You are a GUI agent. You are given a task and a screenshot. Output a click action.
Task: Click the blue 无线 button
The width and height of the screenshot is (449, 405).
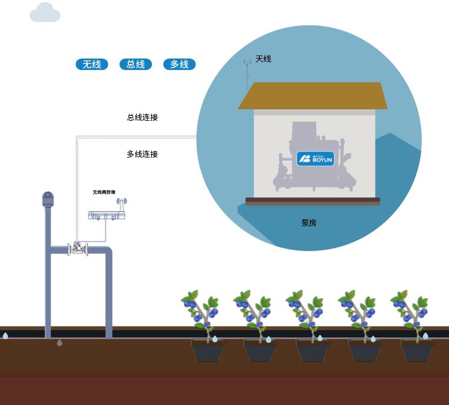tap(92, 64)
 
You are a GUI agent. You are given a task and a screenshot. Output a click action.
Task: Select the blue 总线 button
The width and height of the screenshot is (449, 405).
tap(136, 64)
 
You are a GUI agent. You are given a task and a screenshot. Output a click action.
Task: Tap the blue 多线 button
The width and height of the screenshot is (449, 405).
tap(179, 64)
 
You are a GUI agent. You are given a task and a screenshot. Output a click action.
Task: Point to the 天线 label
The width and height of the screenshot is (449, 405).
tap(263, 59)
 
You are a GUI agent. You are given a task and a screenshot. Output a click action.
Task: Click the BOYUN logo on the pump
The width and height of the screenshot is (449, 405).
tap(315, 159)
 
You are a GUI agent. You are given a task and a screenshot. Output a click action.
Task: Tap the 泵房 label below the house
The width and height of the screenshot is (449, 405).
tap(309, 223)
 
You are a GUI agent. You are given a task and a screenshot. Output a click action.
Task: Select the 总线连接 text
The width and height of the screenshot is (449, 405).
tap(142, 117)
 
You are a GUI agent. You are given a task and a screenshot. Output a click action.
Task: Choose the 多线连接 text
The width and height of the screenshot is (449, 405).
tap(142, 154)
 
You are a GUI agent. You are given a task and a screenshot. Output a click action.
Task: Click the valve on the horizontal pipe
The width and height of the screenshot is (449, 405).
tap(78, 248)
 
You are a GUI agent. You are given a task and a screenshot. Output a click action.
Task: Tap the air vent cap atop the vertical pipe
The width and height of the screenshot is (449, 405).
tap(48, 199)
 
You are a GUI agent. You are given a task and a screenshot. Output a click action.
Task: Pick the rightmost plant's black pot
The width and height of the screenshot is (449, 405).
tap(418, 350)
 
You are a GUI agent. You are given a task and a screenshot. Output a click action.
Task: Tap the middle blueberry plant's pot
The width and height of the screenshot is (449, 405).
tap(313, 350)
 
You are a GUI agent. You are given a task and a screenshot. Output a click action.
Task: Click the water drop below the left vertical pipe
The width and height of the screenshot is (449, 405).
tap(59, 343)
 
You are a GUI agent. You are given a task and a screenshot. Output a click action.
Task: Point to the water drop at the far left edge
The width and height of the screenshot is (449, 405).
tap(5, 336)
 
